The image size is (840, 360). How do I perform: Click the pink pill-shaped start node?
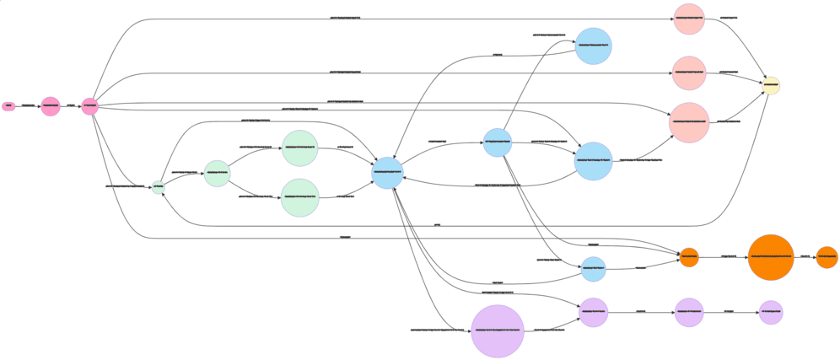click(x=8, y=106)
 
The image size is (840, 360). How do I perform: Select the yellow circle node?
click(x=770, y=85)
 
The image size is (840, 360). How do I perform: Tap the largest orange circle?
click(x=770, y=257)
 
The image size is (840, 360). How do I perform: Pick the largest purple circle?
click(x=498, y=330)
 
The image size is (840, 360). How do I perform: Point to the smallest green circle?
click(x=158, y=186)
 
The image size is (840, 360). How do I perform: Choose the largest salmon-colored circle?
click(x=689, y=122)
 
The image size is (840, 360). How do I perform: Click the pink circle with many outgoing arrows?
click(x=90, y=106)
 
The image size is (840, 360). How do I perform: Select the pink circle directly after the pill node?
click(x=51, y=106)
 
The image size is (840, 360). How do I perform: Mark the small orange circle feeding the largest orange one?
click(x=689, y=257)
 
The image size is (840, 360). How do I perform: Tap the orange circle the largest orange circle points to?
click(x=827, y=257)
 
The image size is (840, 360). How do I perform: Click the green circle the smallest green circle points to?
click(x=217, y=173)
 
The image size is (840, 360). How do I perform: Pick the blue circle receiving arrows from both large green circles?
click(x=387, y=173)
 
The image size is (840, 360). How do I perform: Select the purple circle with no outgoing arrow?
click(x=770, y=312)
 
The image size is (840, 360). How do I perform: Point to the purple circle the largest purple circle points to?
click(x=593, y=312)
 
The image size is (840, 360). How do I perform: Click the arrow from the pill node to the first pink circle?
click(x=28, y=106)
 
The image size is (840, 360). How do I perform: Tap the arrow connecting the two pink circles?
click(x=71, y=106)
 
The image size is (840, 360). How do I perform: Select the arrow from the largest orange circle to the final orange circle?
click(x=805, y=257)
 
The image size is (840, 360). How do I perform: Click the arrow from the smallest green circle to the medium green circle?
click(x=184, y=180)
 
